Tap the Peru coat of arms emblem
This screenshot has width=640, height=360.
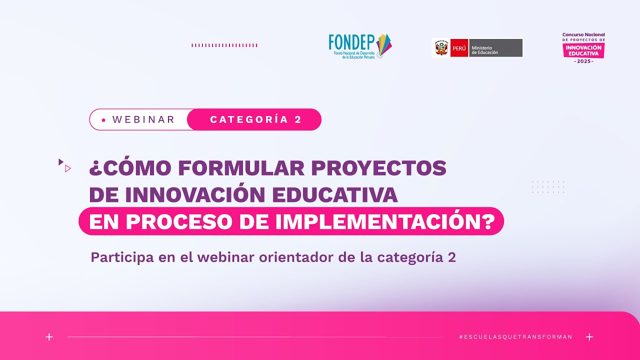point(441,48)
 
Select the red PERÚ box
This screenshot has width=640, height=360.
point(459,48)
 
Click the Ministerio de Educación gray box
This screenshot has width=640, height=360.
point(495,48)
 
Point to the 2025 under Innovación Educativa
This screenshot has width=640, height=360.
point(583,61)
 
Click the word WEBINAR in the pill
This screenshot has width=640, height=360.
point(143,119)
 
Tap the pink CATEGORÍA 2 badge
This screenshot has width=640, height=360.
point(255,119)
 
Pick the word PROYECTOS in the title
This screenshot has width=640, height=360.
point(378,168)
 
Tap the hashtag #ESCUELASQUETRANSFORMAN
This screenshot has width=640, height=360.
point(515,337)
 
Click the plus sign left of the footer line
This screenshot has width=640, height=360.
point(49,337)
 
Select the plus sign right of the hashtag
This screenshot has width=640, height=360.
point(589,337)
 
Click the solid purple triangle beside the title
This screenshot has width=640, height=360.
point(60,161)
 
